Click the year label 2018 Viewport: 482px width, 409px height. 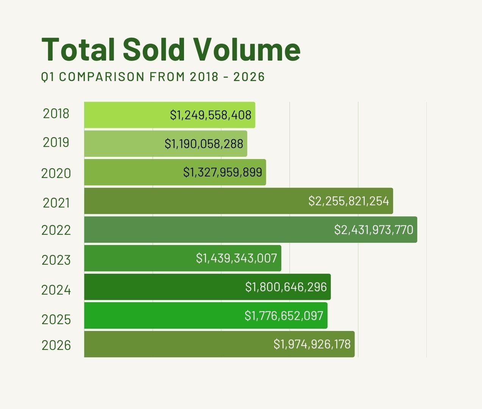56,114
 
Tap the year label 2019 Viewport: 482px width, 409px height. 56,142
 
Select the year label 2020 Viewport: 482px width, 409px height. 56,173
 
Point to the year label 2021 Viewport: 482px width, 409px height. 56,203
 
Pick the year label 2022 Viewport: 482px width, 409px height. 56,230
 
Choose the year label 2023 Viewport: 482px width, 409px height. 56,260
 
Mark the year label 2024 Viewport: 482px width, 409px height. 56,290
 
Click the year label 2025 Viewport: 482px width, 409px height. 56,320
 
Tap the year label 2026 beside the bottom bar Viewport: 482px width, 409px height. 56,345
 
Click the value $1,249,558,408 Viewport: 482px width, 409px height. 211,115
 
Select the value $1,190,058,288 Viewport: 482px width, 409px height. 204,144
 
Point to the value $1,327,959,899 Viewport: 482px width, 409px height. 223,172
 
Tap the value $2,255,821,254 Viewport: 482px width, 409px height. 349,201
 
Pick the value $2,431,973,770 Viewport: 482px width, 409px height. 374,230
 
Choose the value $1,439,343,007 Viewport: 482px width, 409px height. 237,258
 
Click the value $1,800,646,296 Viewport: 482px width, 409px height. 286,287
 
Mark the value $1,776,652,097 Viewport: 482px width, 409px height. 284,316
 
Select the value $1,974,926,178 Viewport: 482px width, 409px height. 312,344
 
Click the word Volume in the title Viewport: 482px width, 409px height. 246,50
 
